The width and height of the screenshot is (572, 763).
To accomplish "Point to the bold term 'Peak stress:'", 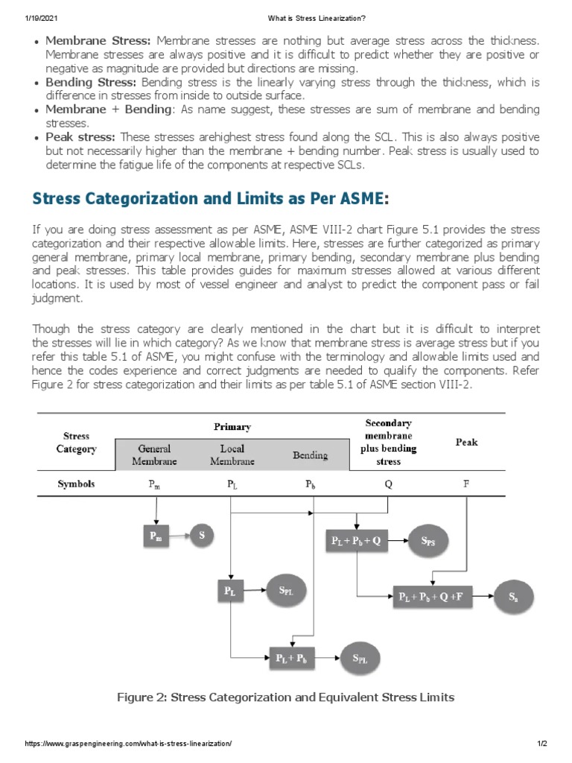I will [x=80, y=137].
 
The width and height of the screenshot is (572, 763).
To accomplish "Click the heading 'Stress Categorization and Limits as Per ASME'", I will [x=209, y=199].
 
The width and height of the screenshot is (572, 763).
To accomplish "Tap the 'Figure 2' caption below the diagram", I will [x=285, y=697].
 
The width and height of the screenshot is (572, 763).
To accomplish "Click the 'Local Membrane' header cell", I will [x=232, y=455].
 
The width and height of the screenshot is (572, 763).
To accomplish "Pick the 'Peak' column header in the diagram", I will [x=466, y=442].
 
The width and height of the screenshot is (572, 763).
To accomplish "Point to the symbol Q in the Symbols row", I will [x=388, y=484].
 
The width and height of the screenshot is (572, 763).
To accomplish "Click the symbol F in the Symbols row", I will [x=466, y=484].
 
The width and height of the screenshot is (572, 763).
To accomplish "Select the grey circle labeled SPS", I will [x=430, y=542].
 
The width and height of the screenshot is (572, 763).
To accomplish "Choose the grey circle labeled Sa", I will [x=514, y=596].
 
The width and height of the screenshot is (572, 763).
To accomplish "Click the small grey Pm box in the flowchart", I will [x=155, y=536].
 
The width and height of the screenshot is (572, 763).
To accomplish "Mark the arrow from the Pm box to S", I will [x=177, y=536].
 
